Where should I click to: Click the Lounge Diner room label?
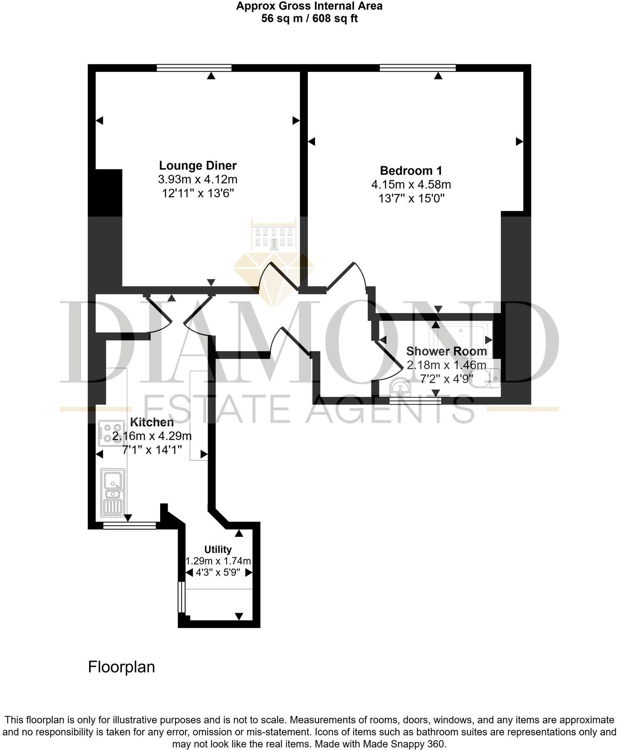[x=198, y=166]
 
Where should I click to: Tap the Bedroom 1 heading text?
[x=411, y=171]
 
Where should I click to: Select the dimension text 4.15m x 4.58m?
[x=411, y=184]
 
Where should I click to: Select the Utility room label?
[x=218, y=549]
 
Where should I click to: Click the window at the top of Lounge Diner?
[x=194, y=68]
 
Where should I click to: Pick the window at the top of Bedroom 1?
[x=418, y=68]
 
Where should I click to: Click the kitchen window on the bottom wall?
[x=129, y=526]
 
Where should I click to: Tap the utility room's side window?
[x=181, y=597]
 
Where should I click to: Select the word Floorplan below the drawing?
[x=121, y=667]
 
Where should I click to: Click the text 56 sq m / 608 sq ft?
[x=309, y=19]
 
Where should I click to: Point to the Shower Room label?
[x=446, y=351]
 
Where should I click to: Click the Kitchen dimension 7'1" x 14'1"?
[x=152, y=450]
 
